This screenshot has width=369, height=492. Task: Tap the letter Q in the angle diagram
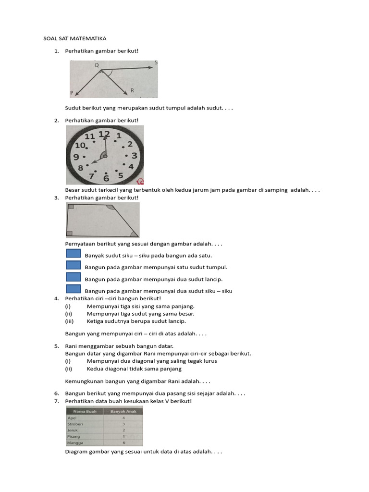[97, 65]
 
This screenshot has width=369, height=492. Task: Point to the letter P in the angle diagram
[72, 92]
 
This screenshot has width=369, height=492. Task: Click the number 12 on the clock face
[104, 135]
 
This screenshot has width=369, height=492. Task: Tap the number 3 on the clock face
[134, 155]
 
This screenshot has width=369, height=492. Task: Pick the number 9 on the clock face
[76, 157]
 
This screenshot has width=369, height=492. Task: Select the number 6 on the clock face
[106, 178]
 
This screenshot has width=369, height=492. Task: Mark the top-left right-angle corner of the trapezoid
[71, 207]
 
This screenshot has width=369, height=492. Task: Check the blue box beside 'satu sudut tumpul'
[73, 265]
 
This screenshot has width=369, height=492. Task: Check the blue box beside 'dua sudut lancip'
[73, 277]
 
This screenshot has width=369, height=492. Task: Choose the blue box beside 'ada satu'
[73, 254]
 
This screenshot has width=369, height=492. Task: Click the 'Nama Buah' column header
[85, 411]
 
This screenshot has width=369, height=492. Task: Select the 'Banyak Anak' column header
[123, 411]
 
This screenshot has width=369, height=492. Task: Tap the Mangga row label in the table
[75, 443]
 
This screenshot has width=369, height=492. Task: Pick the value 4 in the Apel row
[123, 418]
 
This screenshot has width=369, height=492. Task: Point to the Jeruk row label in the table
[73, 430]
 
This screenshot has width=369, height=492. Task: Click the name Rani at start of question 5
[71, 346]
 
